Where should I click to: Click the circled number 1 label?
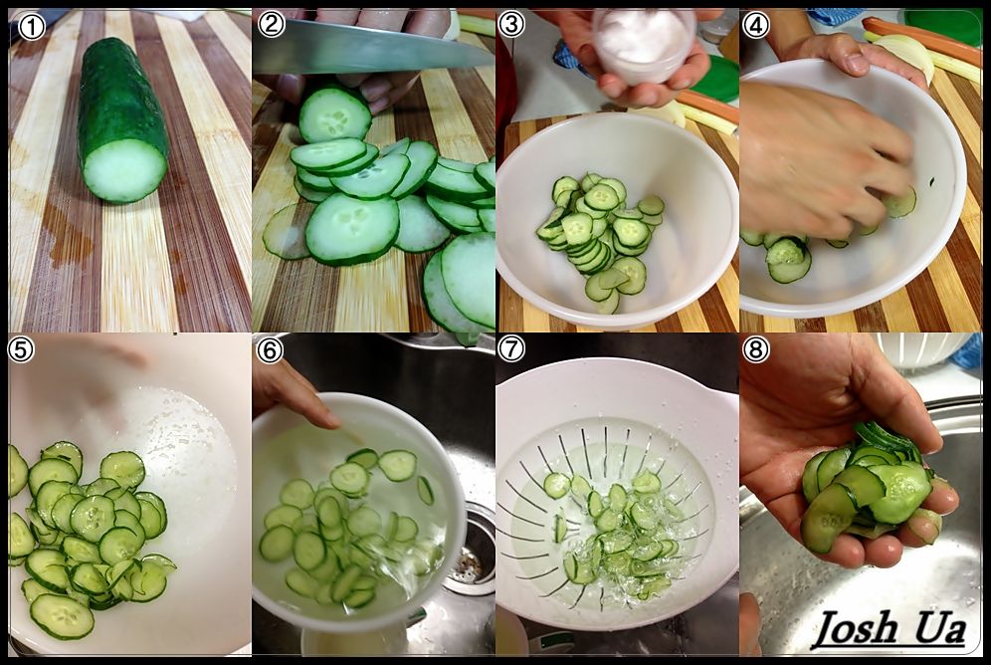(31, 27)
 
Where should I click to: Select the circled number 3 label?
(511, 25)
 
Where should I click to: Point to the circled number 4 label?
(756, 25)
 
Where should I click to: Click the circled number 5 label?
(20, 349)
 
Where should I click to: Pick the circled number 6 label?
(270, 350)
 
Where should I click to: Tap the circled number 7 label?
(511, 349)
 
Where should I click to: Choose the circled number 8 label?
(756, 349)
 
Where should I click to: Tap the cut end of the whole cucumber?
(124, 170)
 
